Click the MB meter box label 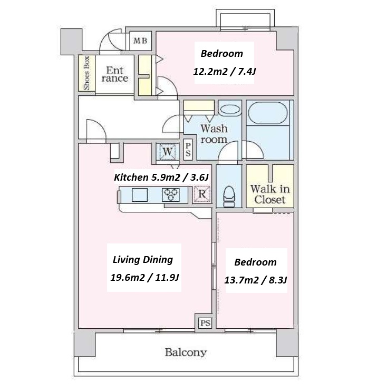[140, 41]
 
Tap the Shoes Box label [86, 73]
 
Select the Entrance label [115, 74]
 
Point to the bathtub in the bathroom [267, 113]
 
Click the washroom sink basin [230, 110]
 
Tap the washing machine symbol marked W [167, 152]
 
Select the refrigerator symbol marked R [202, 194]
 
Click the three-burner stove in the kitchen [171, 195]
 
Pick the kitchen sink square [140, 195]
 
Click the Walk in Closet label [270, 194]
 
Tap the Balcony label [186, 352]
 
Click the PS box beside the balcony [206, 323]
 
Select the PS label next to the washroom [188, 149]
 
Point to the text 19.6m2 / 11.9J [144, 278]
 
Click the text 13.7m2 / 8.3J [255, 280]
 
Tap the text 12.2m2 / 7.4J [224, 72]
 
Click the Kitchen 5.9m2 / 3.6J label [161, 177]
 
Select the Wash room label [214, 134]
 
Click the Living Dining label [143, 260]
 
